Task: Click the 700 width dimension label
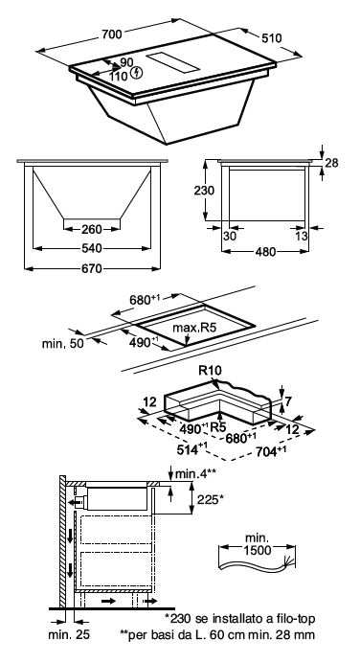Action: tap(112, 34)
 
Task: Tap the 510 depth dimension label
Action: tap(271, 38)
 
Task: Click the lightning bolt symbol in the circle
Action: tap(137, 72)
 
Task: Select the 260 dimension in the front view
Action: tap(91, 229)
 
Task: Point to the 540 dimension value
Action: tap(92, 248)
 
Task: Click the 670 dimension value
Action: tap(92, 268)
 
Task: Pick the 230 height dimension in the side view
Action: tap(204, 191)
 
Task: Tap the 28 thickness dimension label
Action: tap(331, 163)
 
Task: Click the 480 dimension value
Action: tap(265, 252)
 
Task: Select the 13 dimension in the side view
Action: tap(302, 236)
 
